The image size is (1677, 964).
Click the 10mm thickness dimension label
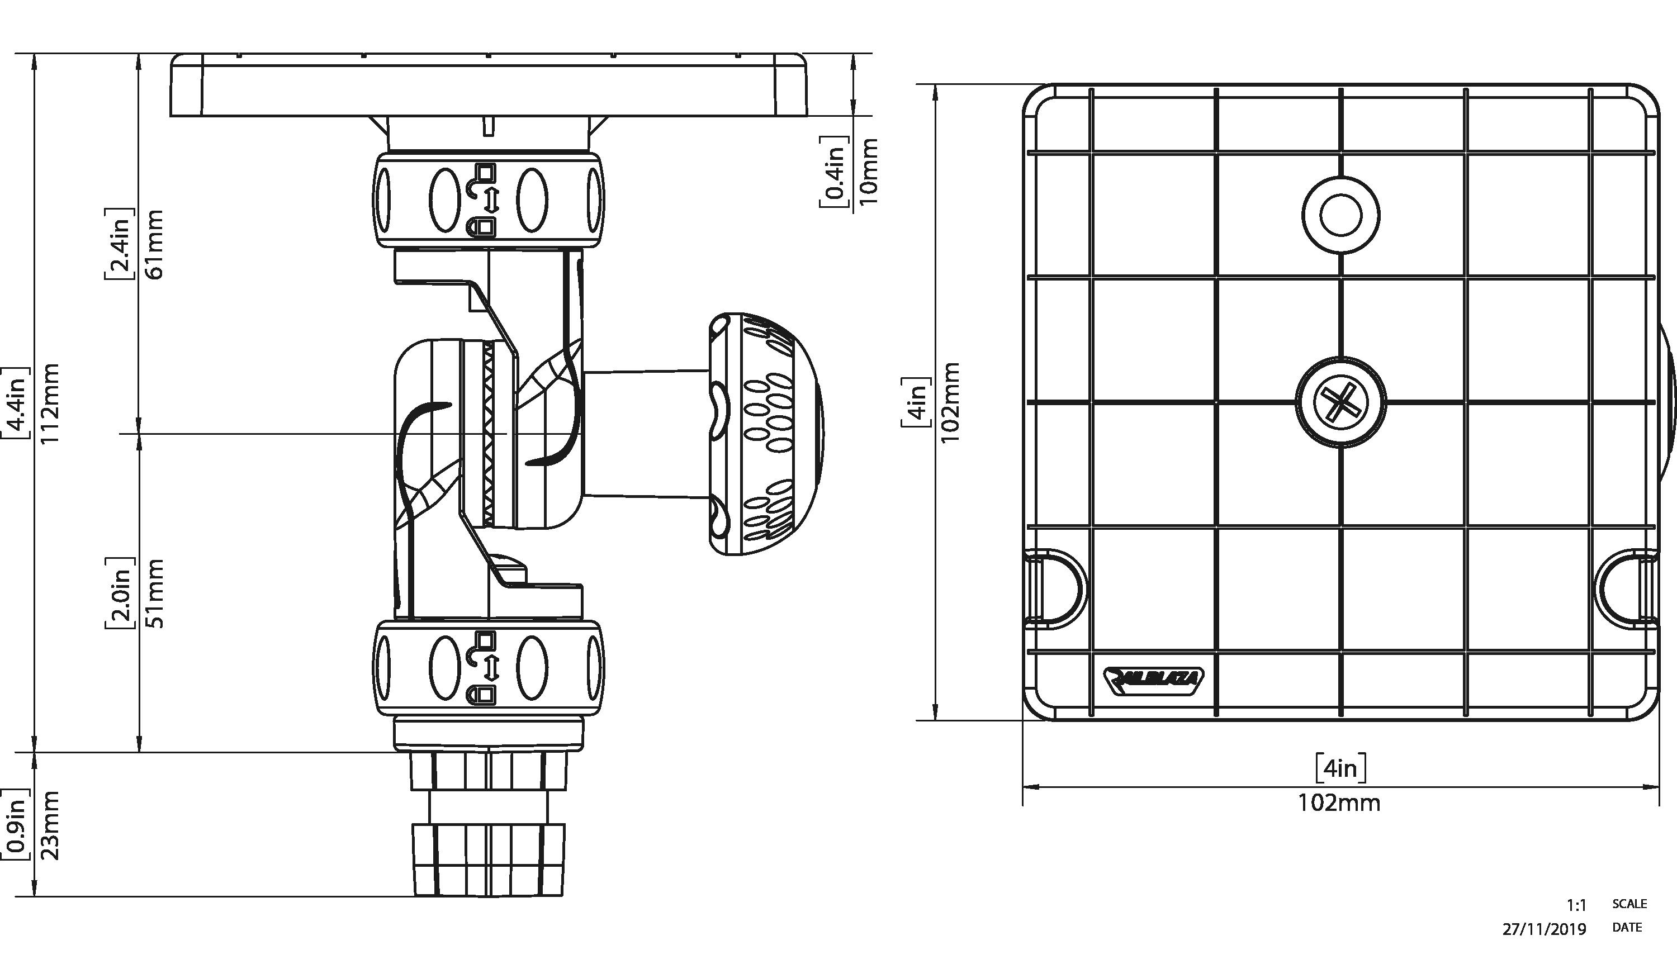(866, 171)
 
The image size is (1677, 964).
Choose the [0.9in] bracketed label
(15, 825)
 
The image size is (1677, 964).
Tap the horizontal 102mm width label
(1339, 803)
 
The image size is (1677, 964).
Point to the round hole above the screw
(1340, 215)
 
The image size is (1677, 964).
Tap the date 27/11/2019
(1544, 929)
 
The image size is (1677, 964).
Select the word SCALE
(1629, 904)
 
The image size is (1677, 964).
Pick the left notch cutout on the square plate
(1054, 588)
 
